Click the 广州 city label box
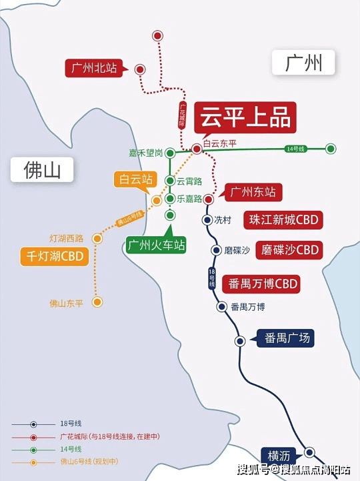[303, 62]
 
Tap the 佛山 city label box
[42, 169]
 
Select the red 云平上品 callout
[245, 117]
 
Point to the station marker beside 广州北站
[140, 69]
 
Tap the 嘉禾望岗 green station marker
[170, 153]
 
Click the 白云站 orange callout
[136, 179]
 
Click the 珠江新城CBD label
[283, 220]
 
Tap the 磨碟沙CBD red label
[289, 250]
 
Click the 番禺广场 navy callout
[284, 338]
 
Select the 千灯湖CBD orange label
[55, 256]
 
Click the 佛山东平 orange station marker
[97, 302]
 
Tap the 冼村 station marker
[207, 219]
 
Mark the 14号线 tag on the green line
[296, 149]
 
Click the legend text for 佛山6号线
[89, 462]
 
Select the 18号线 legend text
[71, 424]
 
